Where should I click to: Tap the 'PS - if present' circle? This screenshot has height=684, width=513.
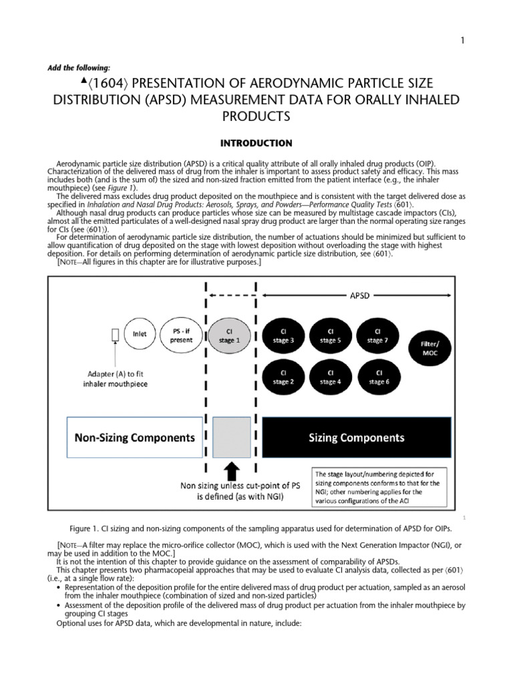182,335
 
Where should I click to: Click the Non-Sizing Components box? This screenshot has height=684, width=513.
134,438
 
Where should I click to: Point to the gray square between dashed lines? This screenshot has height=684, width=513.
231,439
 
